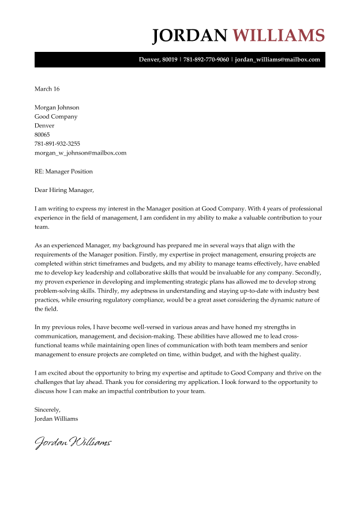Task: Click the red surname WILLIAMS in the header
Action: [x=279, y=35]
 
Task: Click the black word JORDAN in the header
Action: [x=190, y=35]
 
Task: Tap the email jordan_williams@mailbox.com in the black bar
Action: [x=277, y=59]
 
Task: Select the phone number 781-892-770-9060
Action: [x=206, y=59]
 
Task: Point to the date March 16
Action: [x=47, y=89]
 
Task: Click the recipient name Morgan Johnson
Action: [x=57, y=107]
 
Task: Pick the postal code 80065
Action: [x=42, y=135]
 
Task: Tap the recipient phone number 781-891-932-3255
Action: [x=57, y=144]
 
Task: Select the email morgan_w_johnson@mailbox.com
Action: [x=80, y=153]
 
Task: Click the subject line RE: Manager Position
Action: [x=63, y=172]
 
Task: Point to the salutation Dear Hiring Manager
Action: [x=63, y=190]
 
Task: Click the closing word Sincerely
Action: [x=47, y=409]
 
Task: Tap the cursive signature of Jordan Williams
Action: [x=73, y=443]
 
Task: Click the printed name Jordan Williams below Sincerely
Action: [x=56, y=419]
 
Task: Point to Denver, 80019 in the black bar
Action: [x=158, y=59]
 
